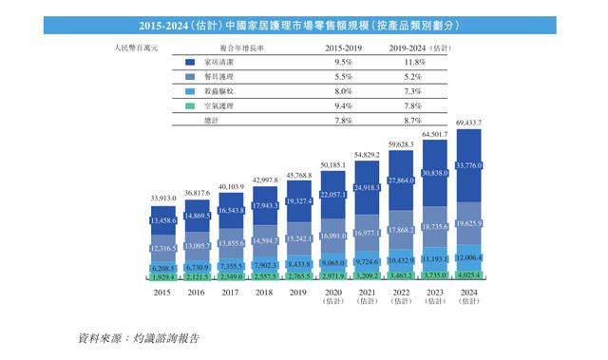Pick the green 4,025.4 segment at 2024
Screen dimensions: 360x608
tap(474, 275)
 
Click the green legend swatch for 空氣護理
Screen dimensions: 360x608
tap(190, 105)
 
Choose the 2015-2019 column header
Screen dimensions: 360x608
tap(343, 46)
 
